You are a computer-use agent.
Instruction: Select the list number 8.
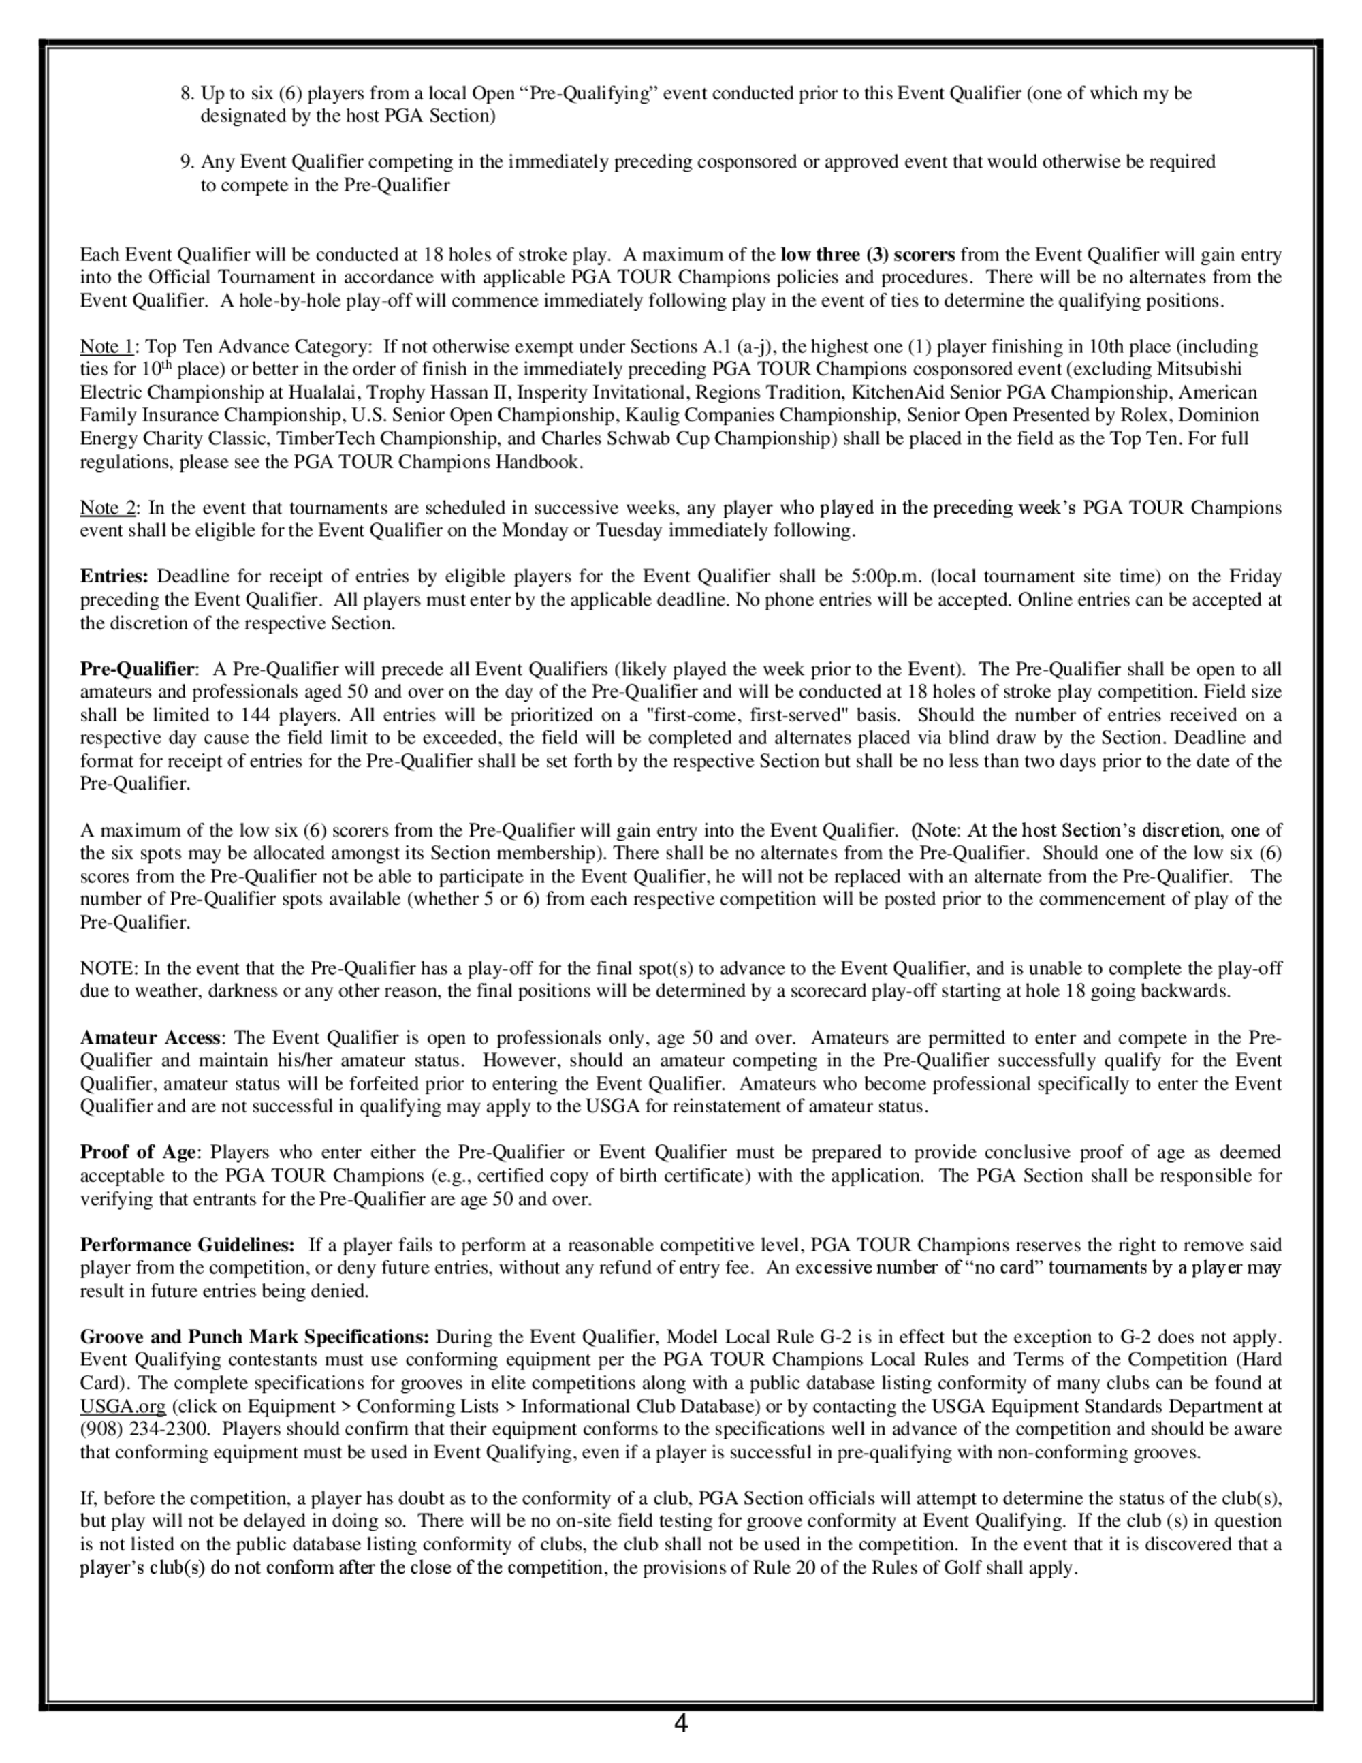tap(187, 93)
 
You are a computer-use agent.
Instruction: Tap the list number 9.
tap(187, 162)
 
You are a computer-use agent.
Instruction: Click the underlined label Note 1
tap(106, 347)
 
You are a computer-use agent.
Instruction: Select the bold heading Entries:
tap(114, 576)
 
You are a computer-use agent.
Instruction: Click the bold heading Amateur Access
tap(150, 1038)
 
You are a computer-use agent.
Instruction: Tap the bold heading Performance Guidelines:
tap(187, 1245)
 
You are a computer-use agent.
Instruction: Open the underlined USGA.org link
tap(123, 1406)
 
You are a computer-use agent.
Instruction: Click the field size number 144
tap(257, 715)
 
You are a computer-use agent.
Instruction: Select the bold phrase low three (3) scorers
tap(868, 255)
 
